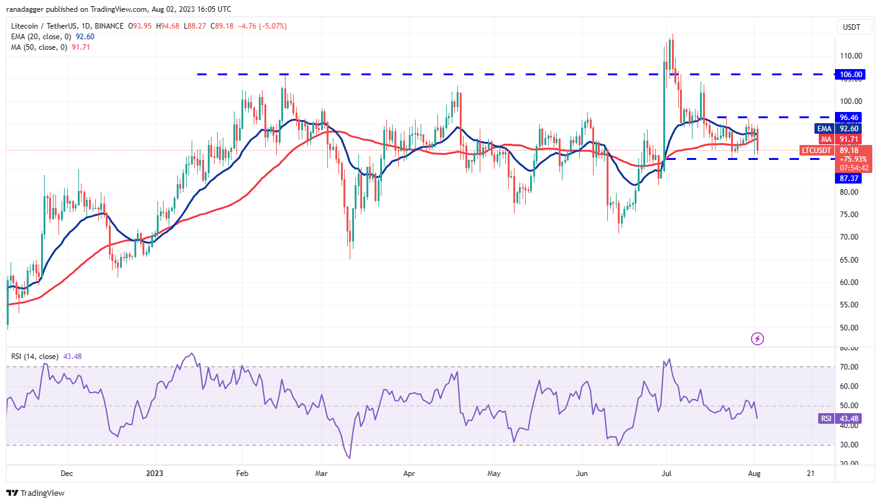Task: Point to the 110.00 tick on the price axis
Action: tap(851, 56)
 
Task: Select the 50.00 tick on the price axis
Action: tap(851, 328)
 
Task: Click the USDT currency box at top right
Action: tap(851, 27)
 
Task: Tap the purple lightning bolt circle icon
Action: tap(757, 339)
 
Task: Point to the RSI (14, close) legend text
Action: tap(34, 357)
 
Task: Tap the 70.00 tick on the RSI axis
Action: tap(851, 367)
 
